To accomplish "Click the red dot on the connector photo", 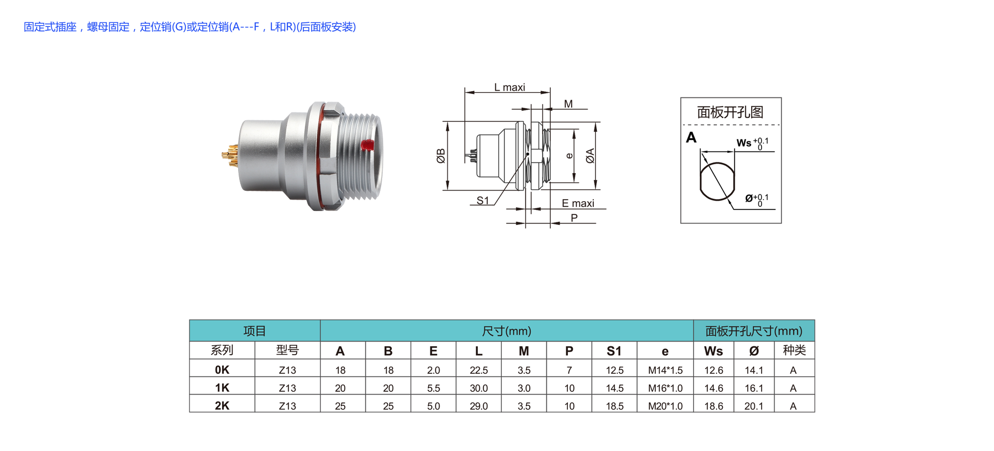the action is click(x=367, y=145).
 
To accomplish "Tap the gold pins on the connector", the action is click(x=230, y=156).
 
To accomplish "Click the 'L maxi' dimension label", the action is click(x=509, y=87).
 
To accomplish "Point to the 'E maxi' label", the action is click(x=578, y=203).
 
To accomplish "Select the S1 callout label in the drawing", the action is click(x=483, y=200).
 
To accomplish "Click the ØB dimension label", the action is click(x=441, y=156).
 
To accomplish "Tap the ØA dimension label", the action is click(x=590, y=156).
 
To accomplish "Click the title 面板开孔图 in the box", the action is click(x=730, y=112).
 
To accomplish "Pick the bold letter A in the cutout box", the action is click(x=691, y=137).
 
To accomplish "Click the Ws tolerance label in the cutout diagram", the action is click(x=752, y=143).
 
